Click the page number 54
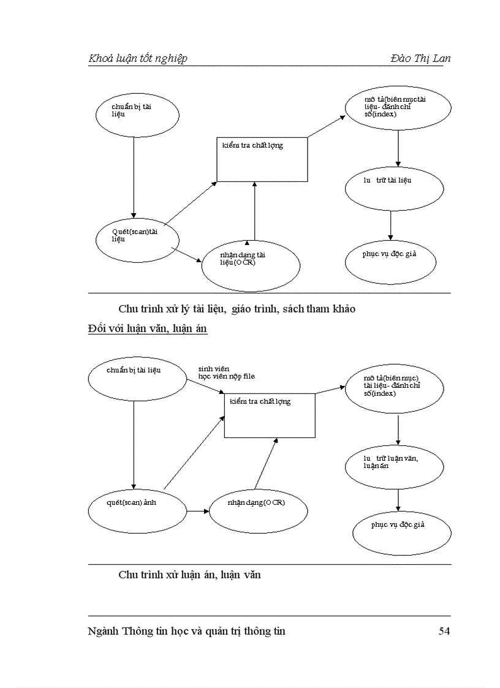point(444,631)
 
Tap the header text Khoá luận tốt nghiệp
point(138,58)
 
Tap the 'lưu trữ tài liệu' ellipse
point(394,188)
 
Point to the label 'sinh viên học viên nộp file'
point(225,372)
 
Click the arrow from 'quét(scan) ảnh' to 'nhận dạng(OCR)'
point(197,511)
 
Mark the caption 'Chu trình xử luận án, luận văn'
point(189,575)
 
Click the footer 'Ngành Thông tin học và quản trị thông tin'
point(187,631)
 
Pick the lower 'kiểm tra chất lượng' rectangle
point(270,415)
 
